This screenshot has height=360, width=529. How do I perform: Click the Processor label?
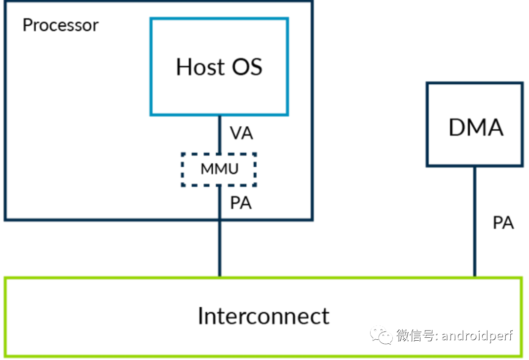pyautogui.click(x=60, y=25)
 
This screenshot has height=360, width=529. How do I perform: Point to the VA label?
pyautogui.click(x=241, y=133)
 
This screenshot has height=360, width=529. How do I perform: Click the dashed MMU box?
pyautogui.click(x=219, y=169)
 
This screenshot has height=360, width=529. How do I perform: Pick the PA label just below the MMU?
pyautogui.click(x=241, y=203)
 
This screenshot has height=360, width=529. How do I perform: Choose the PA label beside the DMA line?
pyautogui.click(x=503, y=223)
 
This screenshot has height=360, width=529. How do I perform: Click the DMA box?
pyautogui.click(x=474, y=124)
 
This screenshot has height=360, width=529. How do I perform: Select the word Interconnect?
pyautogui.click(x=263, y=316)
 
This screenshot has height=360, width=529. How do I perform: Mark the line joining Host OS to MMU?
pyautogui.click(x=220, y=134)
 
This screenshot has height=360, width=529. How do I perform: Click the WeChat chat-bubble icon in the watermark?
pyautogui.click(x=382, y=336)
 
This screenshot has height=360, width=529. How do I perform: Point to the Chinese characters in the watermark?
pyautogui.click(x=414, y=336)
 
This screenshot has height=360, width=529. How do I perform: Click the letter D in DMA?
pyautogui.click(x=457, y=128)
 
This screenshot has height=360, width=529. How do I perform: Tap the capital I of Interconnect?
pyautogui.click(x=200, y=316)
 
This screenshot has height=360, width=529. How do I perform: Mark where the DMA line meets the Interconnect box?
pyautogui.click(x=475, y=278)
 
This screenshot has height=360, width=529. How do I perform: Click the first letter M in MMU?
pyautogui.click(x=206, y=169)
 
